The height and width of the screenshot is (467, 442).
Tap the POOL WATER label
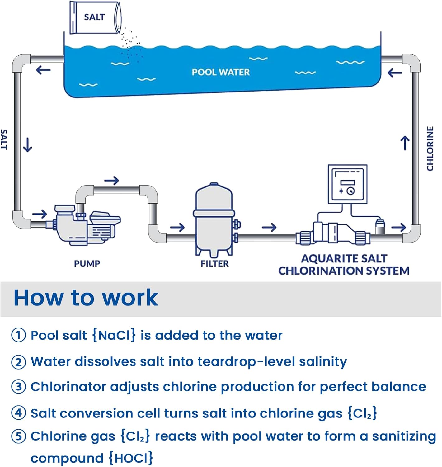tap(221, 72)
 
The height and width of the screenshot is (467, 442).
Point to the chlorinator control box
tap(347, 184)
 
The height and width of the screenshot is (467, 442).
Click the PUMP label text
tap(87, 264)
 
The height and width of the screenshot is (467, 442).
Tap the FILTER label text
tap(214, 264)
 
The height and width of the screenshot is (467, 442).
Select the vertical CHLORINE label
tap(430, 149)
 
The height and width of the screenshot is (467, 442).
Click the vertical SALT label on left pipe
tap(4, 139)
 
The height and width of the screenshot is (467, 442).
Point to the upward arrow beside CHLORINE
tap(405, 143)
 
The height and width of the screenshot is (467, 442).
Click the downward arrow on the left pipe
tap(28, 145)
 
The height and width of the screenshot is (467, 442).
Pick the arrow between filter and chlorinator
tap(269, 227)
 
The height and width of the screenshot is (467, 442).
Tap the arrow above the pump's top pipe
tap(111, 181)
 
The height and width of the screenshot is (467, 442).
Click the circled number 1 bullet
tap(18, 335)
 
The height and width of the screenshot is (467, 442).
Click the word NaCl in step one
tap(114, 335)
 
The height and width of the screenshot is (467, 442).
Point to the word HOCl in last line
tap(131, 458)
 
